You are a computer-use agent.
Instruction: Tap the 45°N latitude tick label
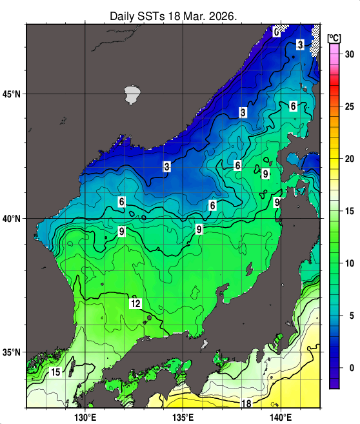pyautogui.click(x=12, y=94)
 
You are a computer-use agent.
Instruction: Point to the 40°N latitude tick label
pyautogui.click(x=12, y=219)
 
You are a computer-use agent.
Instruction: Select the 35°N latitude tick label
pyautogui.click(x=12, y=353)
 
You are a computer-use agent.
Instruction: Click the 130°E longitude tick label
pyautogui.click(x=85, y=417)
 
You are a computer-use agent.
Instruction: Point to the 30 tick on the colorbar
pyautogui.click(x=349, y=54)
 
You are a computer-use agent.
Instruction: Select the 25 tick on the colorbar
pyautogui.click(x=349, y=106)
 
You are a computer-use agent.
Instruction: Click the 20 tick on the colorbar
pyautogui.click(x=349, y=159)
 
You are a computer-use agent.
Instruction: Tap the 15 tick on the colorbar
pyautogui.click(x=349, y=211)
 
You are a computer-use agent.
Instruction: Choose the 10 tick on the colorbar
pyautogui.click(x=349, y=263)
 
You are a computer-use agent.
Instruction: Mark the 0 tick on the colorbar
pyautogui.click(x=349, y=368)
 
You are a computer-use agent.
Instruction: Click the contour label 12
pyautogui.click(x=135, y=303)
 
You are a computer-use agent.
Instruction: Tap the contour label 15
pyautogui.click(x=56, y=372)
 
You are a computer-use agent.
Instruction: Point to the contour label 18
pyautogui.click(x=246, y=404)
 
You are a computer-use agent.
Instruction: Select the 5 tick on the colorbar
pyautogui.click(x=349, y=316)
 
